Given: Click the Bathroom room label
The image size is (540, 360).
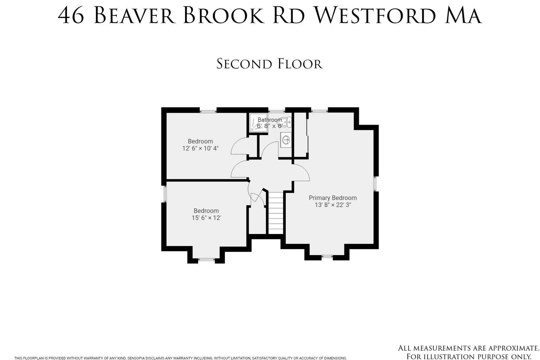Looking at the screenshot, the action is click(x=270, y=120).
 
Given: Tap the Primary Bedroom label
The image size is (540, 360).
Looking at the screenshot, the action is click(x=333, y=198).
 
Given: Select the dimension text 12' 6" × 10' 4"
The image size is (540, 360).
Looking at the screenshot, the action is click(x=200, y=148).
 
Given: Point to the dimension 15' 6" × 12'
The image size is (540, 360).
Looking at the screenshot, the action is click(x=206, y=218).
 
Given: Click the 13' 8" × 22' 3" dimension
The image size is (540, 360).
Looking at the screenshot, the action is click(x=333, y=205).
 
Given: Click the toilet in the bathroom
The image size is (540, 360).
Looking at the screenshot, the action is click(x=284, y=123).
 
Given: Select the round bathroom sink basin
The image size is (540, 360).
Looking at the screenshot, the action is click(x=286, y=140).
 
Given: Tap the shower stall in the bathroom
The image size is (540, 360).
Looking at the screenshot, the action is click(x=258, y=123).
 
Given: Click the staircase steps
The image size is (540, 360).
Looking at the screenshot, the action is click(x=276, y=213).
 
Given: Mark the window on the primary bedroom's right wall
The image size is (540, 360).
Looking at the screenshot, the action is click(x=375, y=184).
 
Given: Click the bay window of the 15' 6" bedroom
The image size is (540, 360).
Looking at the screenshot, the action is click(x=206, y=260).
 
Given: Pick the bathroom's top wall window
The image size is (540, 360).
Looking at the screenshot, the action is click(x=277, y=111).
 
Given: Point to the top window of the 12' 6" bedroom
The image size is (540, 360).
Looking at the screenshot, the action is click(x=208, y=111).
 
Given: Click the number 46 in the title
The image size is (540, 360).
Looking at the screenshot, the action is click(x=71, y=15).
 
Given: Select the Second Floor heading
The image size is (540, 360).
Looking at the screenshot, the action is click(x=270, y=64).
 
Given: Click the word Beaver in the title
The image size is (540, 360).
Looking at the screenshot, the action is click(x=134, y=15).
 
